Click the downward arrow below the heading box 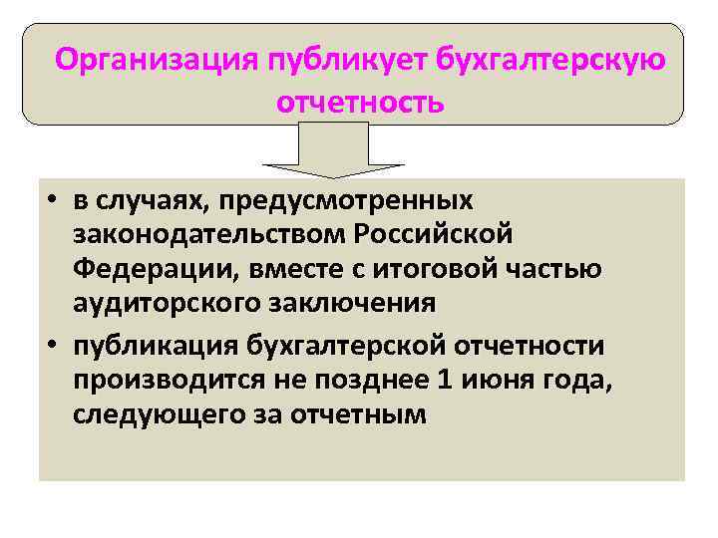pos(333,149)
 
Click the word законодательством pos(207,235)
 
